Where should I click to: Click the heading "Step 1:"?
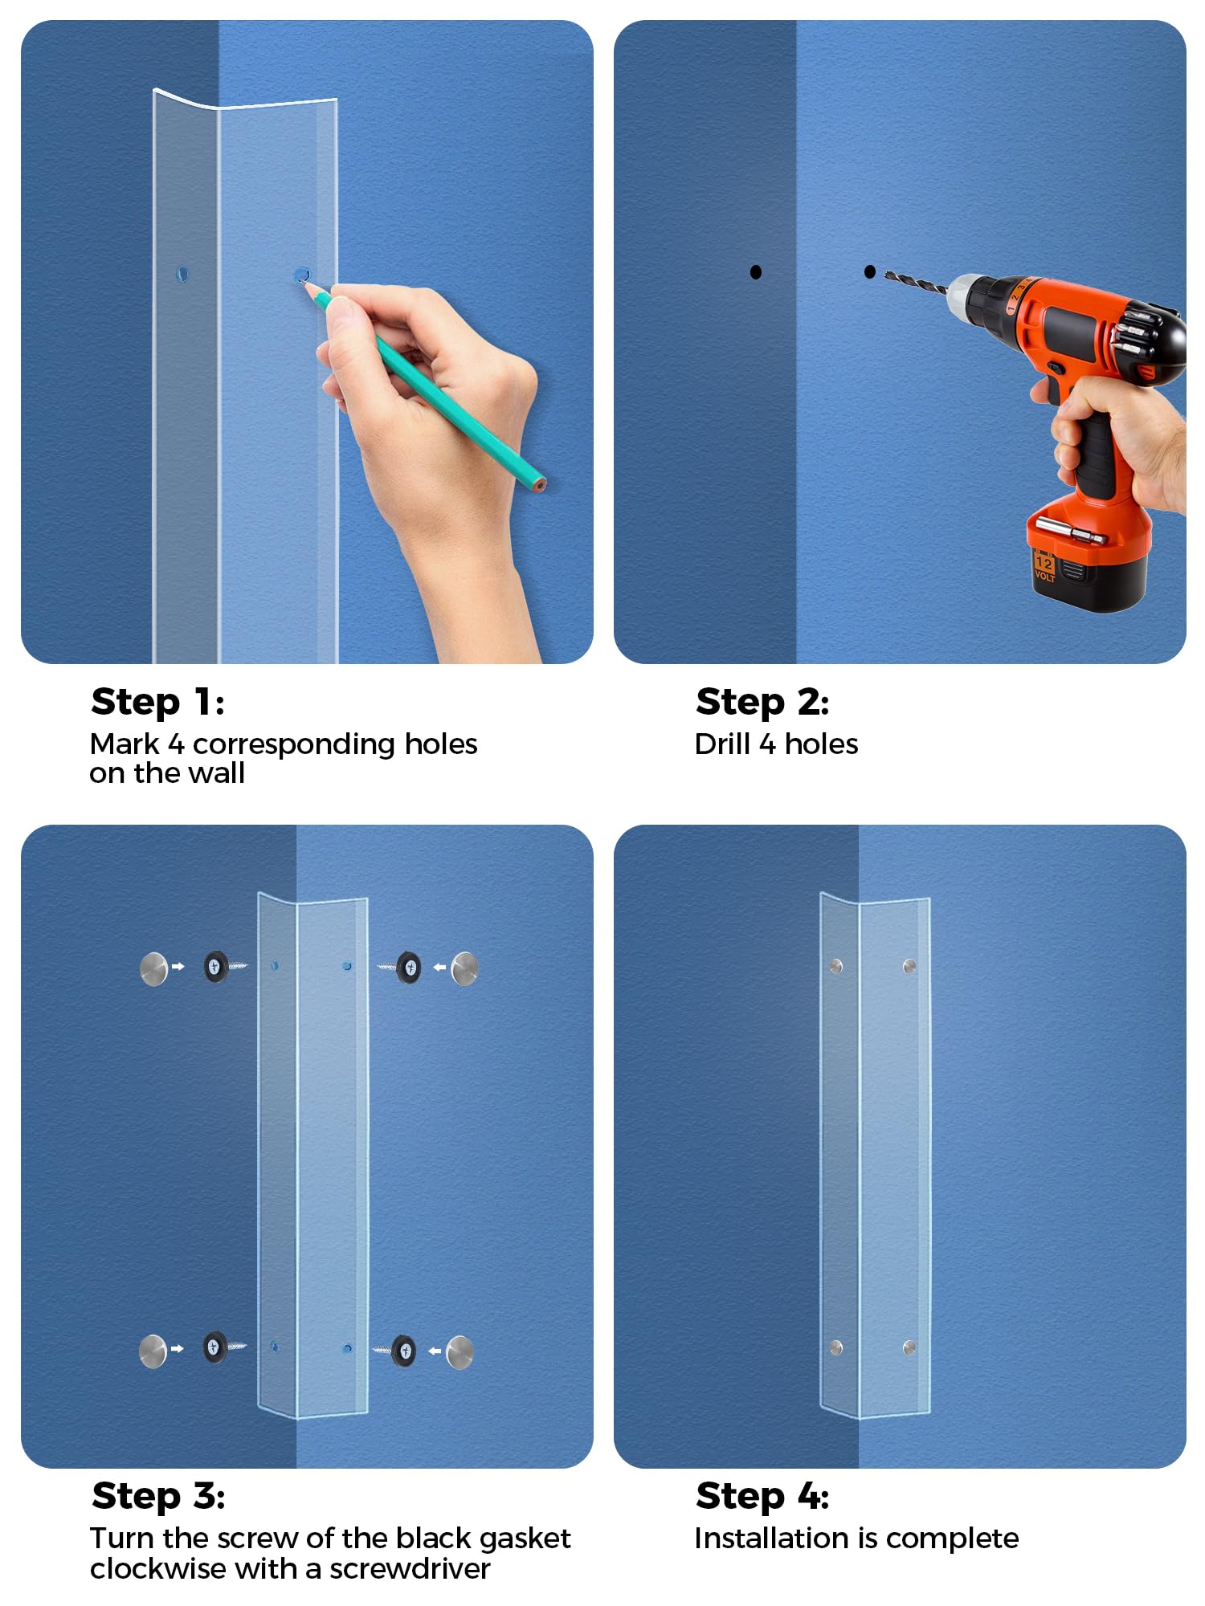157,703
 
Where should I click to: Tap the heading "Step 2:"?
762,703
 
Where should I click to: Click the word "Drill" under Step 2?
723,744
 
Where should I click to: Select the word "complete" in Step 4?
952,1539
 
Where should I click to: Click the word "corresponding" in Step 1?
295,745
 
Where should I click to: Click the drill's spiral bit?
916,281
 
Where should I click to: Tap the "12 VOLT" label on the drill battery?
1044,567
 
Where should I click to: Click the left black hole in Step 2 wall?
756,272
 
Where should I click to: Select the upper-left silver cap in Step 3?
154,968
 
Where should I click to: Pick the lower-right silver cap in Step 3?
460,1352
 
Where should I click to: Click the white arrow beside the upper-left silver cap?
178,967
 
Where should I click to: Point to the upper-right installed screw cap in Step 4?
909,966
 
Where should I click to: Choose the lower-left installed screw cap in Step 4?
836,1347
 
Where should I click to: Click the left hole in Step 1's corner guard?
182,274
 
